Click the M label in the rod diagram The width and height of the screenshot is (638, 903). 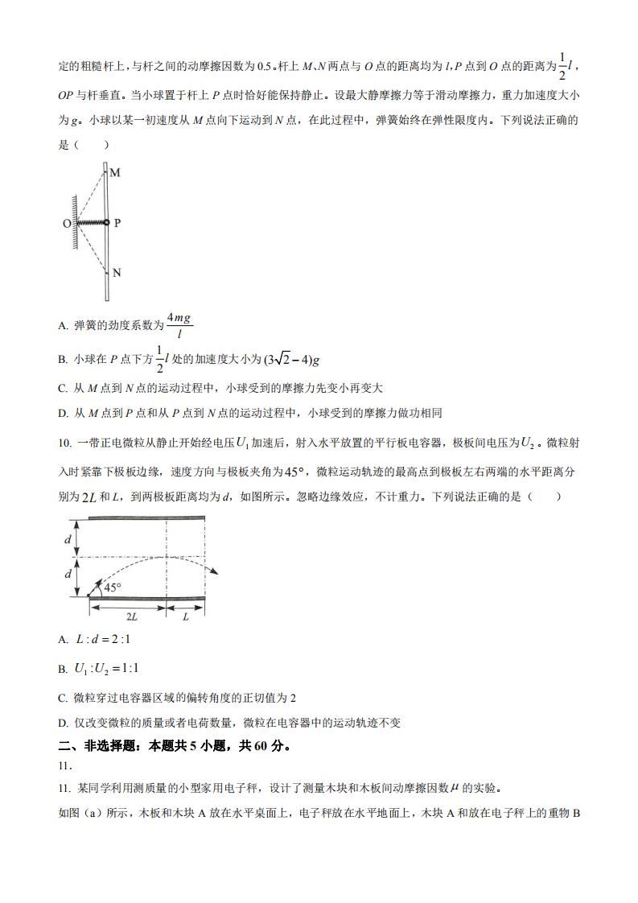[115, 173]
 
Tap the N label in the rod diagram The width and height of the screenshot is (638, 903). [117, 273]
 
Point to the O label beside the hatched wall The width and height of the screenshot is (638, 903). [68, 223]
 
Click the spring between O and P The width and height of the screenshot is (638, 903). [91, 222]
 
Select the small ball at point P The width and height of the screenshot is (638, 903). [106, 222]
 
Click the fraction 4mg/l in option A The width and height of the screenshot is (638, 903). [179, 325]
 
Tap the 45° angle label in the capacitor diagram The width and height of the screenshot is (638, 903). [112, 587]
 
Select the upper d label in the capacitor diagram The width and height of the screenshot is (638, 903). [68, 540]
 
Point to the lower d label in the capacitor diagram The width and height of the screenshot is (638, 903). [68, 575]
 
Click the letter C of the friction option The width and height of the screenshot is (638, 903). [63, 388]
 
